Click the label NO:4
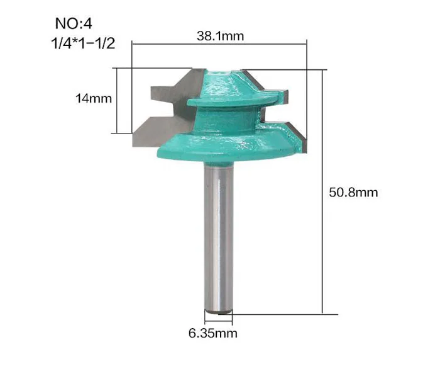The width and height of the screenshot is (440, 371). (x=74, y=24)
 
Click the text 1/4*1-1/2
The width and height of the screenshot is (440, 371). (x=83, y=43)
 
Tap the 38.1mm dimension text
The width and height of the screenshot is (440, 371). (x=220, y=36)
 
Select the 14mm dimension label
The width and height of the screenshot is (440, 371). (x=94, y=98)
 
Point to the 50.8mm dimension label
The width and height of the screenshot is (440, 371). (x=353, y=193)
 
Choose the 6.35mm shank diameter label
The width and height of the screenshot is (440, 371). (x=212, y=333)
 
